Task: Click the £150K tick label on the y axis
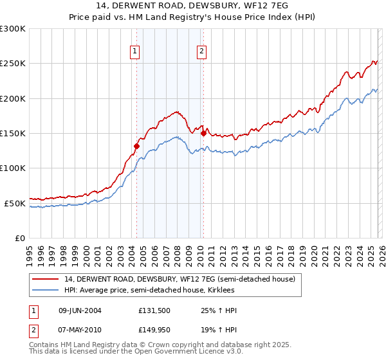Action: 12,134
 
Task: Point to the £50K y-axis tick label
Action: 14,203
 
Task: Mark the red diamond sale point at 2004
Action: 136,146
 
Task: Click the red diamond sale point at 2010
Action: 203,134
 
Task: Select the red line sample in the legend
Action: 45,280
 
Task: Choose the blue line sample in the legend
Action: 45,291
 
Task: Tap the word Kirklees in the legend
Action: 228,291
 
